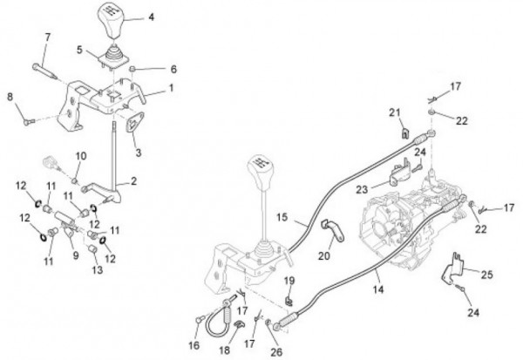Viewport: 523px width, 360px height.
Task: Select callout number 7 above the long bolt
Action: click(x=48, y=37)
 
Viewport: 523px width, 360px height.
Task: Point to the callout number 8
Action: click(x=10, y=97)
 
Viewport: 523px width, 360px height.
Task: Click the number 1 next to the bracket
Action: click(x=170, y=87)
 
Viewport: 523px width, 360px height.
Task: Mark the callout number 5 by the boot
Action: click(x=80, y=50)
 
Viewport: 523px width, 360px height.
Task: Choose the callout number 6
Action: click(x=173, y=68)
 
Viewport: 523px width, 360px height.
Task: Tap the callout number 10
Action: click(x=82, y=155)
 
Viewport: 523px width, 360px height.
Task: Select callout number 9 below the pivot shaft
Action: click(x=76, y=255)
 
